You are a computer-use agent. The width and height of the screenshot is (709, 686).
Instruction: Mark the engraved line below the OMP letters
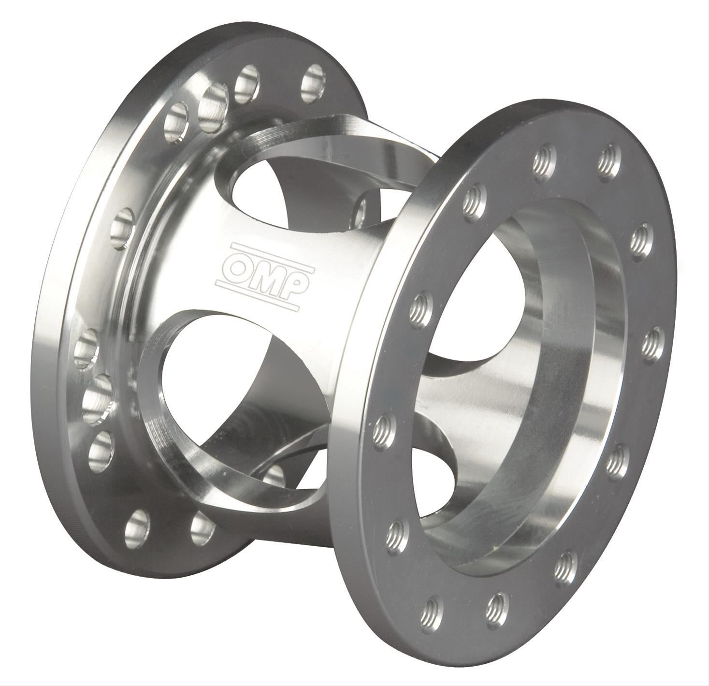(x=257, y=294)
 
